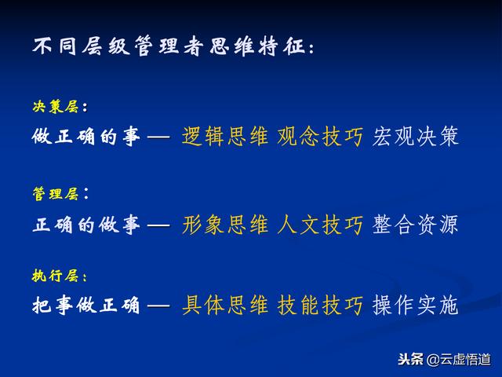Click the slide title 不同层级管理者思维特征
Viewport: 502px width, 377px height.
point(169,46)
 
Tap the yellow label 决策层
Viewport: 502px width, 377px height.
point(56,107)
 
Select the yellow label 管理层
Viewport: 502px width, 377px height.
point(56,194)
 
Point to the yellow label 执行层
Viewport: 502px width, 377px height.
point(56,276)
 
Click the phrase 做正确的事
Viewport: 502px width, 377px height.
point(86,137)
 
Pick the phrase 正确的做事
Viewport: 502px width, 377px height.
point(86,225)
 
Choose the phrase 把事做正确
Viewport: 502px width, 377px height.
point(86,305)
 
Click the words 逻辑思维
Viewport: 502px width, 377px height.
point(225,137)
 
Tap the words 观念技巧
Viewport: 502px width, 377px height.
point(320,137)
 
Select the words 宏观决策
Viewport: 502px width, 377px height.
point(415,137)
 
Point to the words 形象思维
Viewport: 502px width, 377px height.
point(225,225)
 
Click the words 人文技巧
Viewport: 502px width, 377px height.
point(320,225)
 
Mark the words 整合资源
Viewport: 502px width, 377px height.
point(415,225)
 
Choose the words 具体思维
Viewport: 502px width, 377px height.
point(225,305)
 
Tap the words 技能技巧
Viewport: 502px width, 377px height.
point(320,305)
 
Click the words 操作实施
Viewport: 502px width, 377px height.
point(415,305)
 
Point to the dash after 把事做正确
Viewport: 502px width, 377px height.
point(158,306)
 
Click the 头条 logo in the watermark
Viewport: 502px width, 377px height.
point(410,359)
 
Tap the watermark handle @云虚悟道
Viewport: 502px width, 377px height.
point(458,360)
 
